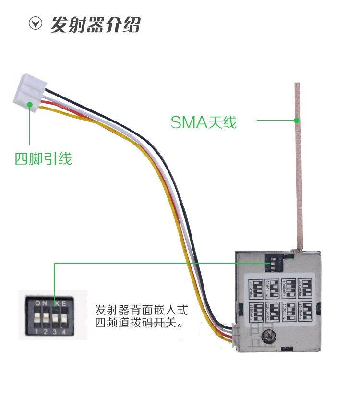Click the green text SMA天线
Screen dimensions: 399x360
204,122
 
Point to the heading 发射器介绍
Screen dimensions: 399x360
96,24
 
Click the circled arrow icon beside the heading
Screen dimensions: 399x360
36,24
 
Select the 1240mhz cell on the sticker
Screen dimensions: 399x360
256,287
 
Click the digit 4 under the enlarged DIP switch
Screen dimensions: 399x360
63,331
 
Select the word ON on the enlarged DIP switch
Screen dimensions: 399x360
41,303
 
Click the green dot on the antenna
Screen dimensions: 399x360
297,120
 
